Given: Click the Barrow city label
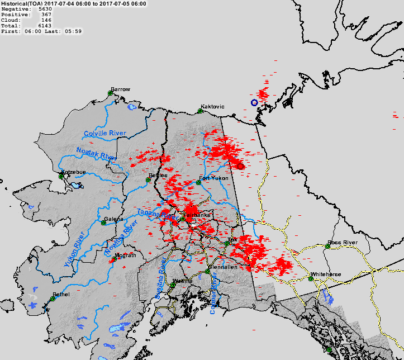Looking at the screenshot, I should coord(120,89).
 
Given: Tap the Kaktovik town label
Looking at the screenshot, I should coord(212,106).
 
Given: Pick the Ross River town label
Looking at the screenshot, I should coord(342,243).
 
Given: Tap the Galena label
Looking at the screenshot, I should coord(114,219).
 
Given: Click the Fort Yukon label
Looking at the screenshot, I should coord(213,178).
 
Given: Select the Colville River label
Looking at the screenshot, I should coord(105,134).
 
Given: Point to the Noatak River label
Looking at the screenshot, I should coord(96,154).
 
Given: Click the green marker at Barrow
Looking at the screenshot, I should coord(111,93).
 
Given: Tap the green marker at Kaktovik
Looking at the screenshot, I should coord(200,111).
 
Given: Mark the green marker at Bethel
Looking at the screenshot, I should coord(53,299).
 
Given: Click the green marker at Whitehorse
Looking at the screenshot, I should coord(311,278).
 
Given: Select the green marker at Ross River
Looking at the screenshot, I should coord(328,247).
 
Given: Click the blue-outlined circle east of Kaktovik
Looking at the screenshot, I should coord(254,103).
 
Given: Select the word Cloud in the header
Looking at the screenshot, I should coord(10,20).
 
